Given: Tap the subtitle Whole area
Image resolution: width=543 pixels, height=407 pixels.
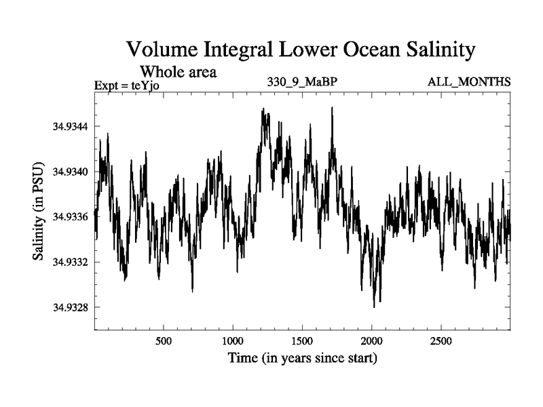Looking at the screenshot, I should click(178, 71).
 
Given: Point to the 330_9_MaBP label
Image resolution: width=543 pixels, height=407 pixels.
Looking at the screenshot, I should click(303, 83).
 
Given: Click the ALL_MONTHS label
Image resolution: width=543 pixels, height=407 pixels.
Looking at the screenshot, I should click(469, 83).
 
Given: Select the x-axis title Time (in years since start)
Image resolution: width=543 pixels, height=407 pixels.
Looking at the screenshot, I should click(302, 357).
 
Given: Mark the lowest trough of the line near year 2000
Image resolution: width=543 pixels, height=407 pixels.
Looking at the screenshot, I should click(374, 307).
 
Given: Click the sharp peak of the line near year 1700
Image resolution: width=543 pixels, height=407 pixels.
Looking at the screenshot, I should click(332, 107).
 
